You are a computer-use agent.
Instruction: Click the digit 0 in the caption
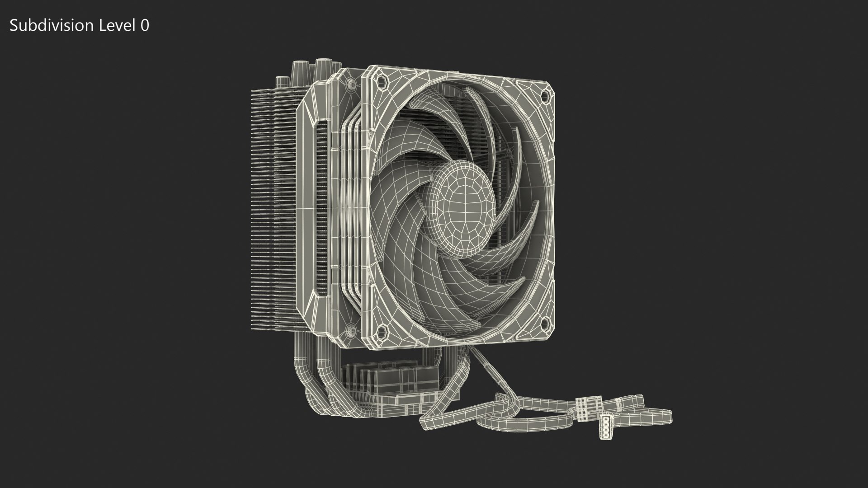144,26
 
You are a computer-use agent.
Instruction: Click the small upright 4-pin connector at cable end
606,426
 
